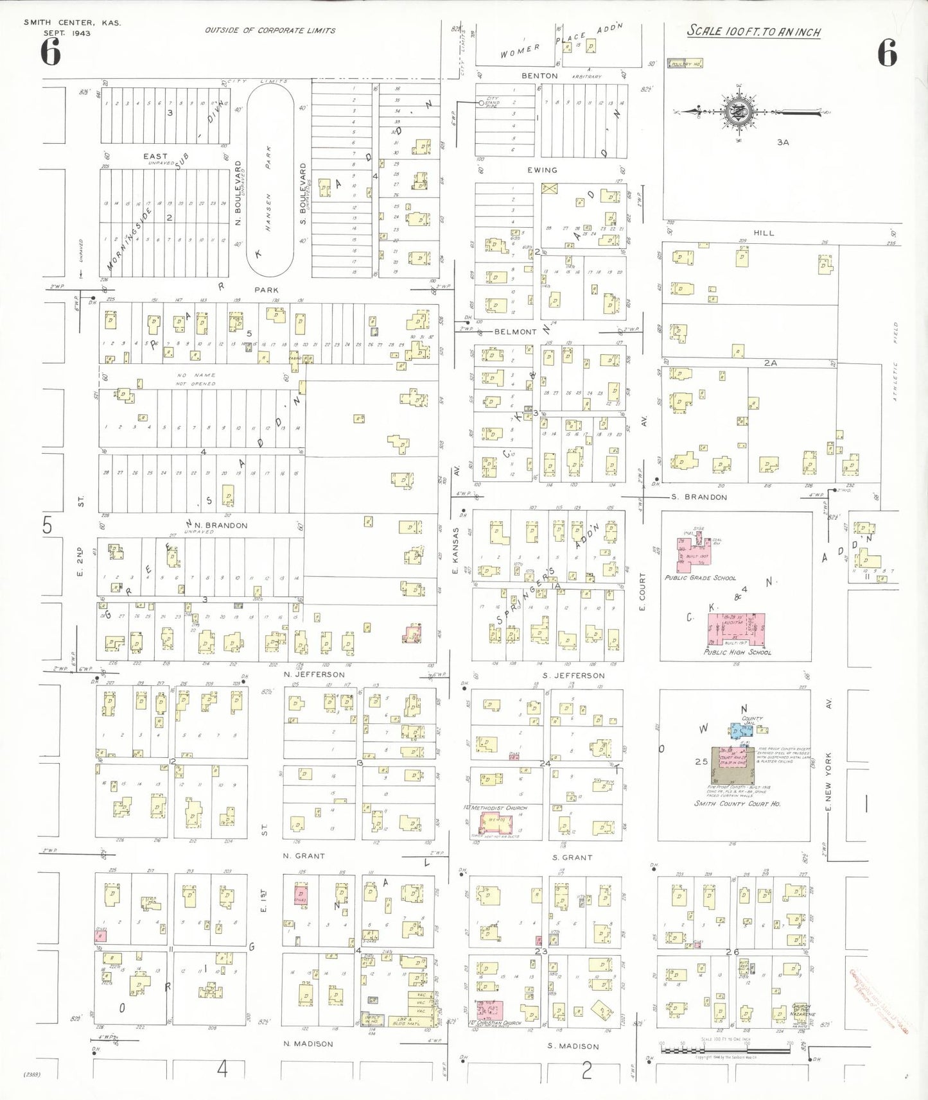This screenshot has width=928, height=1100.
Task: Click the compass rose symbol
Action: click(x=739, y=111)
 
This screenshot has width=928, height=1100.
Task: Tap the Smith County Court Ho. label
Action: click(x=737, y=804)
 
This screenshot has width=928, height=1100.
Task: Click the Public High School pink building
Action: click(x=735, y=629)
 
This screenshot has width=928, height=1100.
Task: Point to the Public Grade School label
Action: click(x=700, y=578)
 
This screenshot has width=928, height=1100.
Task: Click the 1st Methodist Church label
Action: click(x=498, y=807)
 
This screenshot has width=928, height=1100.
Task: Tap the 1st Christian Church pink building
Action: click(x=490, y=1010)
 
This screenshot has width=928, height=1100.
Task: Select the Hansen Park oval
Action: click(x=270, y=179)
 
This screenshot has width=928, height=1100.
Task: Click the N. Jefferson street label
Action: click(x=314, y=675)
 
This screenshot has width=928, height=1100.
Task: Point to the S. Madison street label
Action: click(x=573, y=1046)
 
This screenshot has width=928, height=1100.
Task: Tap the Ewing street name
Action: click(x=542, y=170)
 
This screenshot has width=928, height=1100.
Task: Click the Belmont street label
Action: click(x=515, y=332)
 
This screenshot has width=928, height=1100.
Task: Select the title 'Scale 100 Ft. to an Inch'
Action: click(x=753, y=31)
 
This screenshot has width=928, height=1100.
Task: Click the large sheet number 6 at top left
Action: click(x=50, y=53)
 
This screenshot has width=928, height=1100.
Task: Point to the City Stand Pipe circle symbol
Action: click(x=480, y=103)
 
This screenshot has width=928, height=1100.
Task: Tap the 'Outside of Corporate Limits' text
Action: click(x=270, y=30)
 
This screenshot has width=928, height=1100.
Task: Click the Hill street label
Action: click(x=764, y=233)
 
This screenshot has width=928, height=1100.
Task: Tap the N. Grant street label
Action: click(x=304, y=856)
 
